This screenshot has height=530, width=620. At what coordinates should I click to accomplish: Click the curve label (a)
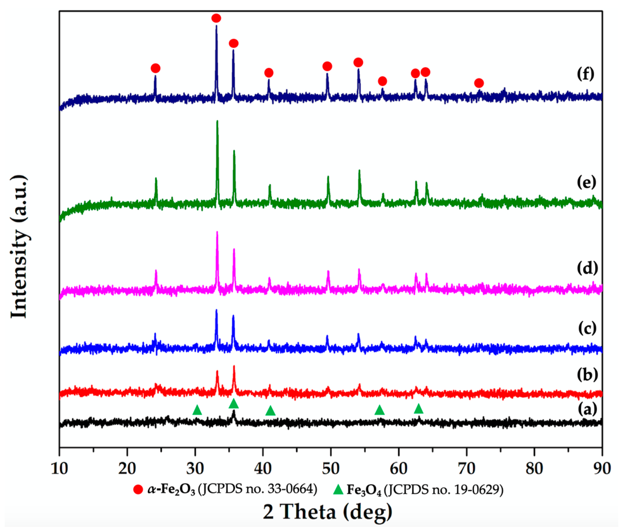tap(587, 409)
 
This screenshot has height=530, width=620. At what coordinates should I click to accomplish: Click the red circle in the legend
tap(138, 489)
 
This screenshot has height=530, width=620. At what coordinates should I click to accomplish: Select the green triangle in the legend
tap(338, 489)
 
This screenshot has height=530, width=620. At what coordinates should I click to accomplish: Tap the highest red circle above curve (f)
tap(216, 18)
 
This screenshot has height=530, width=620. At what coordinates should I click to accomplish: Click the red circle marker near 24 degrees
tap(155, 68)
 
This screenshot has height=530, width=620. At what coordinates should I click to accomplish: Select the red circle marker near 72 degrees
tap(479, 83)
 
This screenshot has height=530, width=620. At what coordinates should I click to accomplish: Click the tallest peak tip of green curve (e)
tap(217, 121)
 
